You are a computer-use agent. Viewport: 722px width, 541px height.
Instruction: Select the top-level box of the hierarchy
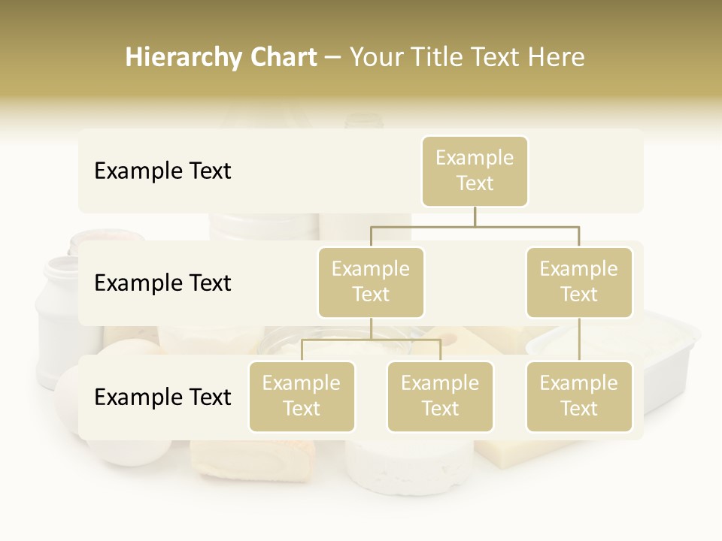[x=475, y=171]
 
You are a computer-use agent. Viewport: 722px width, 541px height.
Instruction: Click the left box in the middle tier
[x=371, y=283]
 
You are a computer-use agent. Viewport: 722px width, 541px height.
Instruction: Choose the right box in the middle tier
[x=579, y=283]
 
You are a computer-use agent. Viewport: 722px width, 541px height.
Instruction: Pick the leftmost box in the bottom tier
[x=302, y=397]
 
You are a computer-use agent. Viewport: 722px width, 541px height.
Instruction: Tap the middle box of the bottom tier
[x=440, y=397]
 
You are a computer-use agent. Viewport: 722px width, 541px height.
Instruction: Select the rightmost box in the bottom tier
[x=579, y=397]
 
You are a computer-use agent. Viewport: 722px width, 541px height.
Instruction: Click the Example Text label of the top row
[x=162, y=171]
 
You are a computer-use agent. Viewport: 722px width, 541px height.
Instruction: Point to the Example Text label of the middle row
[x=162, y=283]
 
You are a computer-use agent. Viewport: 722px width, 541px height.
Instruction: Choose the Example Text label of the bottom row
[x=162, y=397]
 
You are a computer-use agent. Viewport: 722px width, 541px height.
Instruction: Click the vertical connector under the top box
[x=475, y=216]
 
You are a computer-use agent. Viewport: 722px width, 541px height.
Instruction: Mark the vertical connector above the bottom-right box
[x=579, y=340]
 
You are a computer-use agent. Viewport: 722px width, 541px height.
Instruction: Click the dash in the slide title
[x=333, y=58]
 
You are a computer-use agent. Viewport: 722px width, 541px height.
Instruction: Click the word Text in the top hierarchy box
[x=475, y=183]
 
